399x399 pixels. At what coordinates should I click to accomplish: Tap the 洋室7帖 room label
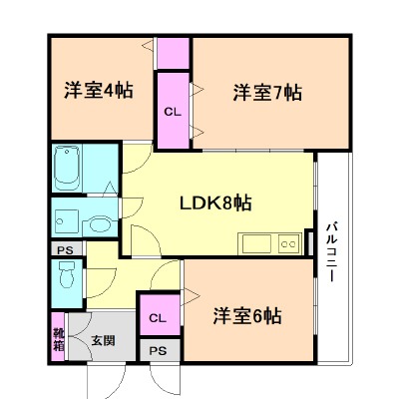pyautogui.click(x=267, y=94)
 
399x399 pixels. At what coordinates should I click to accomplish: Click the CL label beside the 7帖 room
pyautogui.click(x=173, y=113)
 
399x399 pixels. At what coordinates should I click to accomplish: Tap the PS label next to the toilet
pyautogui.click(x=64, y=249)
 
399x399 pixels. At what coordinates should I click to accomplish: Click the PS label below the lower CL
pyautogui.click(x=157, y=350)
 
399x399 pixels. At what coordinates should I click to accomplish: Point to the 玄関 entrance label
pyautogui.click(x=104, y=339)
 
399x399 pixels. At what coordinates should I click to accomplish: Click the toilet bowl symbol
pyautogui.click(x=67, y=274)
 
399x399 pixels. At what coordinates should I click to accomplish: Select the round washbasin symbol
pyautogui.click(x=98, y=222)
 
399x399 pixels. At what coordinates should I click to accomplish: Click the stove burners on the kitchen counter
pyautogui.click(x=289, y=242)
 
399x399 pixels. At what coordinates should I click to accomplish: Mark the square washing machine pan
pyautogui.click(x=66, y=220)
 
